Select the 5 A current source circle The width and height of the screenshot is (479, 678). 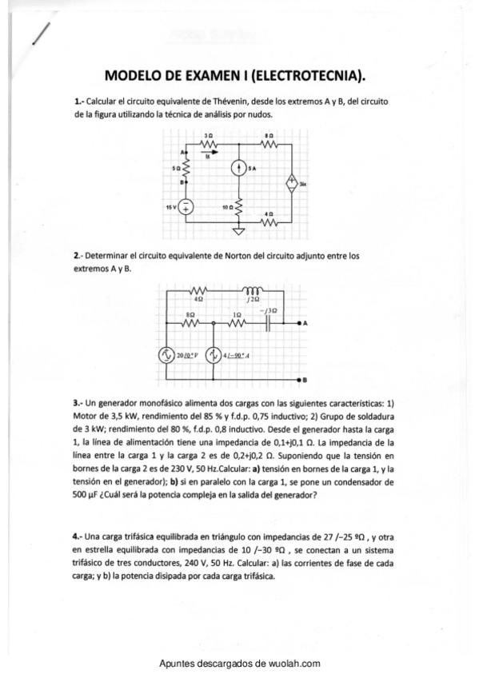click(238, 169)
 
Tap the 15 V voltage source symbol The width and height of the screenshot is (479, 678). click(186, 207)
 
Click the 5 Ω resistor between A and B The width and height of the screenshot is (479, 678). click(186, 169)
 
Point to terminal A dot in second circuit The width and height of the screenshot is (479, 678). click(299, 323)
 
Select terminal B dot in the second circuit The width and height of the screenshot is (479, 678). click(299, 378)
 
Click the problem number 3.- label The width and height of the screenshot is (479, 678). click(78, 403)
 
